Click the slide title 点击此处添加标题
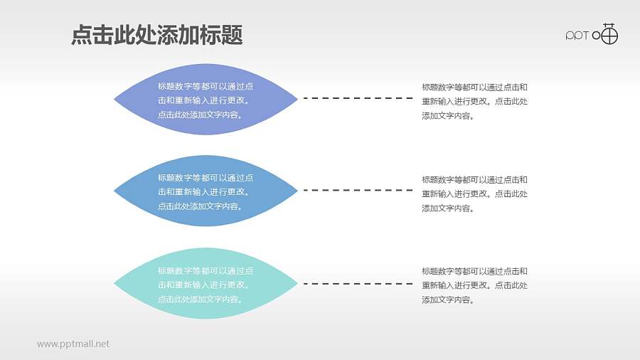click(x=157, y=35)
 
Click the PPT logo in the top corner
click(x=592, y=35)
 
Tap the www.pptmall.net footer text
click(x=73, y=344)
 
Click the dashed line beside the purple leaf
click(x=358, y=98)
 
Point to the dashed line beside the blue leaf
click(x=358, y=191)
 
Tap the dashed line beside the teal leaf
click(x=358, y=284)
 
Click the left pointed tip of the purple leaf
click(x=116, y=100)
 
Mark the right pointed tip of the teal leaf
click(x=296, y=283)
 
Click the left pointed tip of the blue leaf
click(x=116, y=191)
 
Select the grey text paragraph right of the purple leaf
click(x=474, y=101)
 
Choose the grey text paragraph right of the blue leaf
click(x=474, y=194)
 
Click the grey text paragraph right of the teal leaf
click(x=474, y=285)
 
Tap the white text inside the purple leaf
click(x=205, y=100)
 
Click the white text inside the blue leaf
click(x=205, y=192)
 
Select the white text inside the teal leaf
click(x=205, y=285)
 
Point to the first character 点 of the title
click(x=82, y=35)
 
